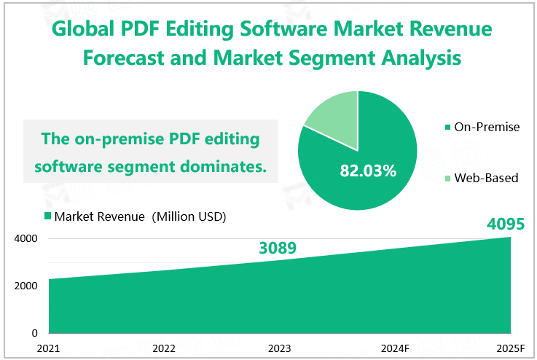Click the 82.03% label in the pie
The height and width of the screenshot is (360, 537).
[368, 171]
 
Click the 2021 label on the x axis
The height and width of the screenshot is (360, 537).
[48, 348]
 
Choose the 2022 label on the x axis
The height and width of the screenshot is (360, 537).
[164, 348]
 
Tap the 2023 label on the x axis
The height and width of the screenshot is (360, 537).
[279, 348]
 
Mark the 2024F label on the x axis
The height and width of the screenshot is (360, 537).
[395, 348]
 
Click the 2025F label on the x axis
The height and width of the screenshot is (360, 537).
[509, 348]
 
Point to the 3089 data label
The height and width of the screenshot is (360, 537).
[278, 249]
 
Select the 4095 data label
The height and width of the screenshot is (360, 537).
[506, 224]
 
